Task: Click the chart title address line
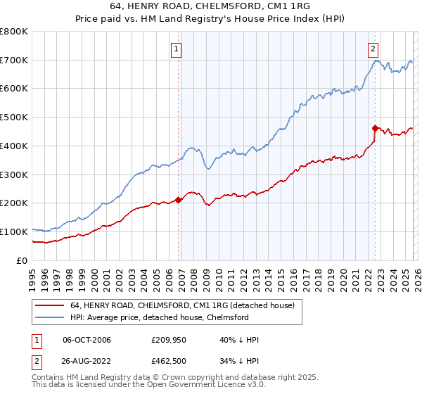pyautogui.click(x=211, y=6)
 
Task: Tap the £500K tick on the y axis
pyautogui.click(x=14, y=117)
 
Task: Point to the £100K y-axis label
pyautogui.click(x=14, y=231)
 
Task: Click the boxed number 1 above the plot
pyautogui.click(x=175, y=49)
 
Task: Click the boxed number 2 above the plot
pyautogui.click(x=372, y=49)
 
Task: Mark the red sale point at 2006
pyautogui.click(x=178, y=200)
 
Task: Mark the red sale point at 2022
pyautogui.click(x=375, y=127)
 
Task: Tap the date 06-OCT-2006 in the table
pyautogui.click(x=87, y=340)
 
